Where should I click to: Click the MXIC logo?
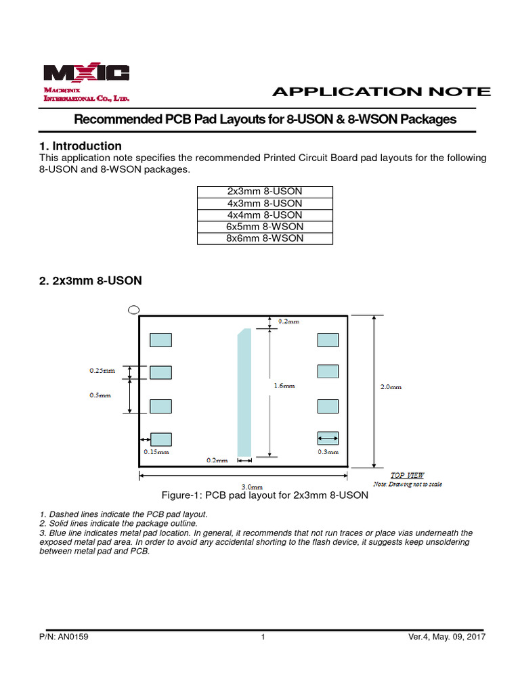pyautogui.click(x=87, y=74)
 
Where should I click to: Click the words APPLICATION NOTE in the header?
pyautogui.click(x=381, y=92)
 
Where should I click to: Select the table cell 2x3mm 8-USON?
pyautogui.click(x=265, y=192)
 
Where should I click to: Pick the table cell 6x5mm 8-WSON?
pyautogui.click(x=265, y=227)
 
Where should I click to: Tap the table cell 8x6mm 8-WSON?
pyautogui.click(x=265, y=238)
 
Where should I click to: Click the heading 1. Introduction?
pyautogui.click(x=81, y=146)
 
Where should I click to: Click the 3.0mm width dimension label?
pyautogui.click(x=253, y=486)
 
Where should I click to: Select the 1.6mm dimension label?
pyautogui.click(x=284, y=386)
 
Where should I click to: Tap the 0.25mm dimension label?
pyautogui.click(x=102, y=371)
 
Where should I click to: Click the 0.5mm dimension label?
pyautogui.click(x=100, y=395)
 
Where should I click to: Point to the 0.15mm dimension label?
pyautogui.click(x=156, y=451)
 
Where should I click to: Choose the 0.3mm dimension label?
pyautogui.click(x=328, y=451)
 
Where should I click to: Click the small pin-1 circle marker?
pyautogui.click(x=134, y=310)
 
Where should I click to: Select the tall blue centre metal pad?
pyautogui.click(x=244, y=393)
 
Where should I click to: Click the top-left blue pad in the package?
pyautogui.click(x=160, y=340)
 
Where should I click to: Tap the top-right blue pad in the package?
pyautogui.click(x=328, y=340)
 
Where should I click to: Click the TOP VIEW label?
pyautogui.click(x=408, y=476)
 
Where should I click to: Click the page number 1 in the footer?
pyautogui.click(x=262, y=638)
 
